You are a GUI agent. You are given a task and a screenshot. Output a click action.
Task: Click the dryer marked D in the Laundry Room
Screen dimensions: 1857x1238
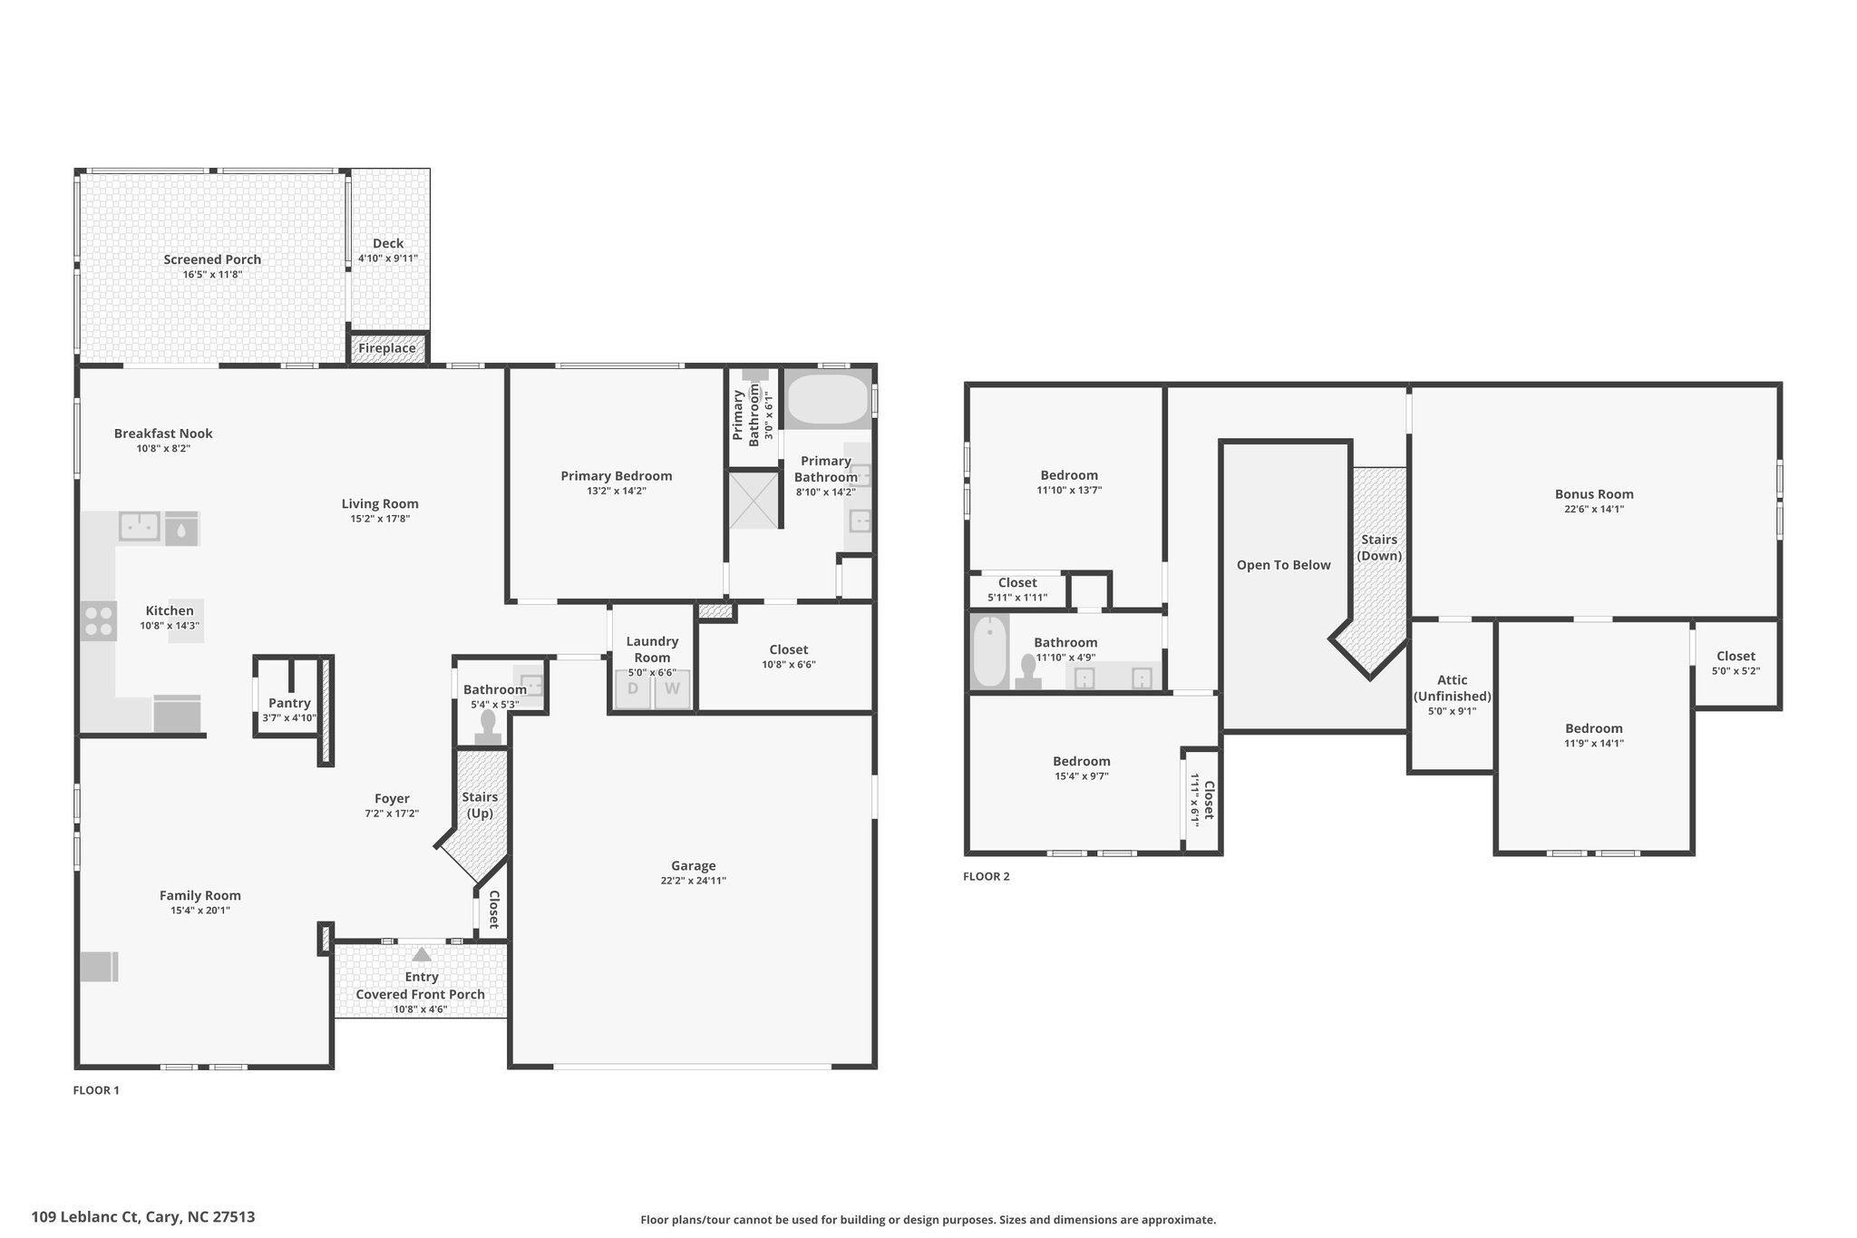[x=633, y=688]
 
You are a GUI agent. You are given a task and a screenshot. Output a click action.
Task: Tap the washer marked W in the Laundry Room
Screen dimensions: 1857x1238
[x=672, y=688]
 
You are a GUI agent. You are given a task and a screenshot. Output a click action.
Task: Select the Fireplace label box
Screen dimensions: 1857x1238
[x=387, y=348]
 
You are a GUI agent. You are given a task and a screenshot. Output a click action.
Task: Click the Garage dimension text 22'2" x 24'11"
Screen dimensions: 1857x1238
[x=694, y=881]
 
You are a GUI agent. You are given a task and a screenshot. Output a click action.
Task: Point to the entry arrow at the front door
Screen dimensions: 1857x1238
[x=422, y=954]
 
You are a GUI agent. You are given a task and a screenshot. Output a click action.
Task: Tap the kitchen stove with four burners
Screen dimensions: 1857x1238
[x=99, y=621]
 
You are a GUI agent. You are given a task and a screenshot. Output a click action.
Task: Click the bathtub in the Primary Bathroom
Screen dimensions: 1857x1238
[x=827, y=399]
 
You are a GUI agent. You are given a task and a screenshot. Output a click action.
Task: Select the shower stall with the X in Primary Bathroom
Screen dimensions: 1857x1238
[x=754, y=500]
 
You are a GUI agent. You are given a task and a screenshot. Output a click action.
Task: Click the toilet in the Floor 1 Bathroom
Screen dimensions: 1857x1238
[x=488, y=727]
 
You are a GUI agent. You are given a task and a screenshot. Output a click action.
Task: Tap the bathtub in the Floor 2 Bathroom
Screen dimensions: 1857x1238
[x=989, y=651]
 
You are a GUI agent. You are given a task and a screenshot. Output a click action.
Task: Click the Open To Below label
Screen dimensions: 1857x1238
[x=1283, y=565]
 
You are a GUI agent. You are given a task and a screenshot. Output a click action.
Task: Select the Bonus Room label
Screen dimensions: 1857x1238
[x=1594, y=494]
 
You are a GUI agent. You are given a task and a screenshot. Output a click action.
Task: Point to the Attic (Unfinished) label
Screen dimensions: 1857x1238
[x=1452, y=688]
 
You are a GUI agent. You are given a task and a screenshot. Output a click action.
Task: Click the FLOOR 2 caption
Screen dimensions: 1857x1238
[x=986, y=876]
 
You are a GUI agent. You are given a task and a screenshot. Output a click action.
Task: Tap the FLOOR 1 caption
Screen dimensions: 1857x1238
[x=96, y=1090]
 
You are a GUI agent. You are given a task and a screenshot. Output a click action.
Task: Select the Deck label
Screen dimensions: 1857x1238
[x=388, y=243]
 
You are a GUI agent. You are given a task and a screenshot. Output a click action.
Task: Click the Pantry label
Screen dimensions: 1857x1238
[x=289, y=703]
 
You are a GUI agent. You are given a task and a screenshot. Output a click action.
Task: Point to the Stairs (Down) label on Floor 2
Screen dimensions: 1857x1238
[x=1379, y=548]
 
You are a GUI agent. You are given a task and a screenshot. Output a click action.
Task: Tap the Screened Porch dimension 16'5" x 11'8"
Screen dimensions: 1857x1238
[x=212, y=274]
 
